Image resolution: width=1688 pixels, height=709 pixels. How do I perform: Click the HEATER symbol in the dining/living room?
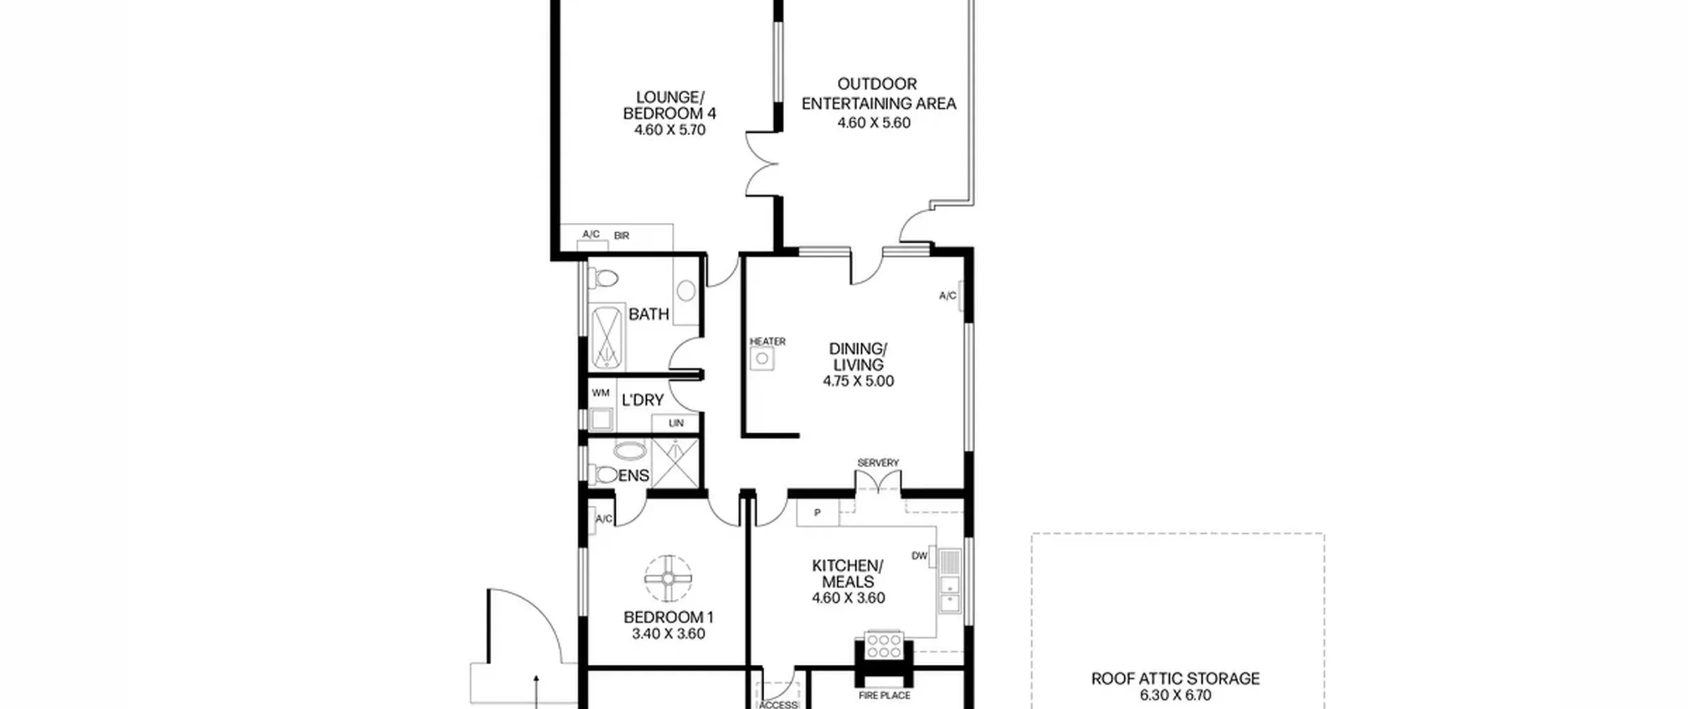click(x=762, y=359)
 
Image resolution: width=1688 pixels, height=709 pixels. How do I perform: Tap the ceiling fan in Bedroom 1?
click(x=668, y=578)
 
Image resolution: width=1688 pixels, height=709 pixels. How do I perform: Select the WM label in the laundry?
click(x=600, y=393)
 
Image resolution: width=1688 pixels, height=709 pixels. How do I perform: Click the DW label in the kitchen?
click(x=919, y=556)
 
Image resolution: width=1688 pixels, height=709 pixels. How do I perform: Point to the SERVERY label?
click(x=878, y=463)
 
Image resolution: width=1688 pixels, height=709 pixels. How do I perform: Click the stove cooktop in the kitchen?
click(x=883, y=646)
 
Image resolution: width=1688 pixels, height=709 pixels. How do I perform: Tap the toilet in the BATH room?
click(x=603, y=278)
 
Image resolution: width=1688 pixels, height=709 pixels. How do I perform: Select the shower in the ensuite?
click(x=674, y=463)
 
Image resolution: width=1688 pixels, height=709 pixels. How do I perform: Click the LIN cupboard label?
click(x=676, y=423)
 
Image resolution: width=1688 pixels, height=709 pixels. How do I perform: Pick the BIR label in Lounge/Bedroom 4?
click(x=621, y=235)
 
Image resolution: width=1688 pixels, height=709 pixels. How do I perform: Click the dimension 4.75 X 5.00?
click(x=858, y=381)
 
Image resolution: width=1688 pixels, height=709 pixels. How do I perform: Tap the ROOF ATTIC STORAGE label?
click(x=1175, y=679)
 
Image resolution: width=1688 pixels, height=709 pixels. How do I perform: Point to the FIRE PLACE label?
click(x=884, y=695)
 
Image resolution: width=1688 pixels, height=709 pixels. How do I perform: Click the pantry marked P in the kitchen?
click(x=818, y=512)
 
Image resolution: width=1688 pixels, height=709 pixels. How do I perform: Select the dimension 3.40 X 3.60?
click(x=668, y=634)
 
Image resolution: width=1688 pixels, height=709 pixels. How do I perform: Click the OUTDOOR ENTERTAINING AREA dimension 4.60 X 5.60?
click(x=874, y=123)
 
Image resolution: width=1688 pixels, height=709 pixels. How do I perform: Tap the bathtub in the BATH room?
click(x=607, y=337)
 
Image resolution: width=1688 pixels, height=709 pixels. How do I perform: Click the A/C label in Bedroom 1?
click(x=604, y=519)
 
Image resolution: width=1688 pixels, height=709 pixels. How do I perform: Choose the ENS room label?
click(x=633, y=476)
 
